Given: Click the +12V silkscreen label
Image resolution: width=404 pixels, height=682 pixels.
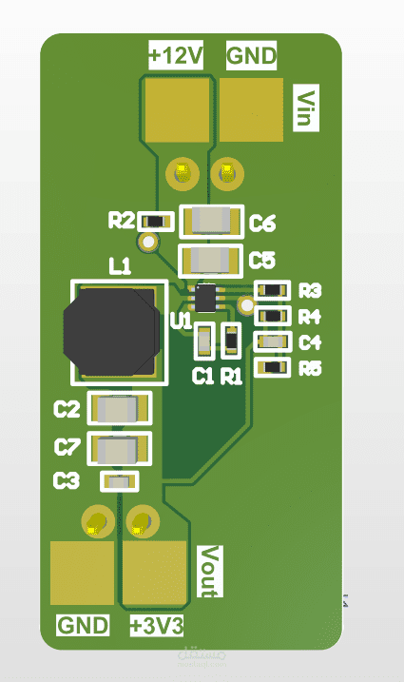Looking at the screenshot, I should (x=177, y=56).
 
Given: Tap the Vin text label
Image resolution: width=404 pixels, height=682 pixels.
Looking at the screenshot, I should (x=307, y=108).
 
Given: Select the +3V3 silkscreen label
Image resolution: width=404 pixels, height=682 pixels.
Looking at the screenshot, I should (x=157, y=626).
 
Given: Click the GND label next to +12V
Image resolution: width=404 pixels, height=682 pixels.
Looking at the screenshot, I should (x=252, y=56).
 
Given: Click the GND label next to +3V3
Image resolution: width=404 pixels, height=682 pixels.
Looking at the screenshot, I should (x=84, y=626).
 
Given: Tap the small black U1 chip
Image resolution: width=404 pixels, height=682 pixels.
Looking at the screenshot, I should (x=206, y=297).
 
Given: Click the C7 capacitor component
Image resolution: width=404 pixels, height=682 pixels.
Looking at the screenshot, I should (x=120, y=448).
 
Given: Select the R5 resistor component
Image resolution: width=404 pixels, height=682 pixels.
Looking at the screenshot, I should (x=274, y=367).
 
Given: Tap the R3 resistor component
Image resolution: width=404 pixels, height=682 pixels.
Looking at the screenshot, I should (x=274, y=289).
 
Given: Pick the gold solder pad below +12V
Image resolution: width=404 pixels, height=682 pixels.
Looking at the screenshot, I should (x=179, y=108).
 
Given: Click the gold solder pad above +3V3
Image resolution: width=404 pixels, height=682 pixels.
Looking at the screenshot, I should (x=154, y=573).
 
